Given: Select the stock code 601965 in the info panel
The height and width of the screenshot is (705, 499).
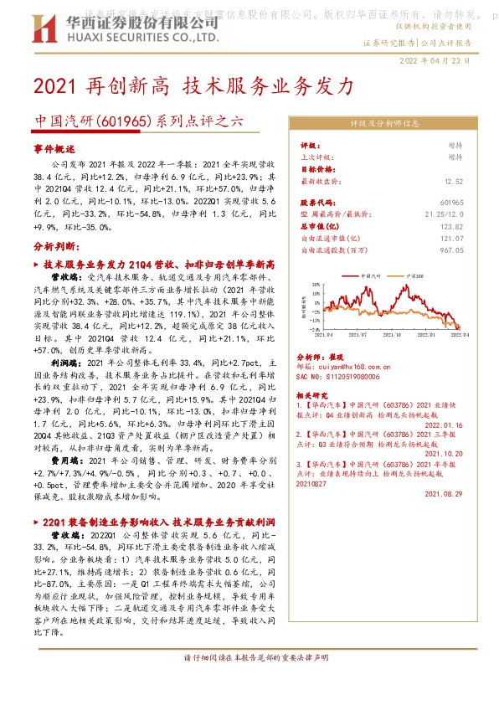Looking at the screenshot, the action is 474,203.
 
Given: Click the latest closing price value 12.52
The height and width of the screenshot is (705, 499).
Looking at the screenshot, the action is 477,180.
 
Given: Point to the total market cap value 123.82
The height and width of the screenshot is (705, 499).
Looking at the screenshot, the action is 475,226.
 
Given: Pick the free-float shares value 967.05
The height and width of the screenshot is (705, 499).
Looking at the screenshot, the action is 475,250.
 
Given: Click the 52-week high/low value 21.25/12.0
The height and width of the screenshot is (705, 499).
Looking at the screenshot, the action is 466,214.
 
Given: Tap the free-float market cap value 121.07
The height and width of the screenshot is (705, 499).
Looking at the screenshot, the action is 475,238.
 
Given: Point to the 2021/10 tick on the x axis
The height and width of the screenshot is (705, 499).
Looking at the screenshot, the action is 395,332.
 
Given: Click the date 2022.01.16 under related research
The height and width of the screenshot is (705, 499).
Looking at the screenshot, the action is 466,425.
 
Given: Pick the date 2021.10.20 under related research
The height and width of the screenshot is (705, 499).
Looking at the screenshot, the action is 466,453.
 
